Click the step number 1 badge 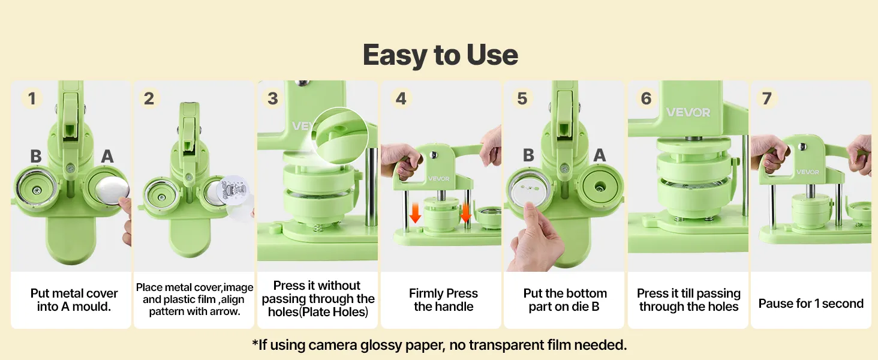[32, 98]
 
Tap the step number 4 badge [401, 98]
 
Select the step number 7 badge [766, 98]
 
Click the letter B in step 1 [35, 156]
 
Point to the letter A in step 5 [599, 155]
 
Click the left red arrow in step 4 [415, 213]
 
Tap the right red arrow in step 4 [465, 213]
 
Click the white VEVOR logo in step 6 [688, 113]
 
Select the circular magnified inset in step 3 [340, 135]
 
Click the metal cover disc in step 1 [112, 191]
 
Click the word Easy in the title [395, 55]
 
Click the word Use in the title [492, 55]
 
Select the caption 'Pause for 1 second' [811, 303]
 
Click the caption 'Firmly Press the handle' [443, 299]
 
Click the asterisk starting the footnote [255, 343]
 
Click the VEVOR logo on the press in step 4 [438, 179]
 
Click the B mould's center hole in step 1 [37, 191]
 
